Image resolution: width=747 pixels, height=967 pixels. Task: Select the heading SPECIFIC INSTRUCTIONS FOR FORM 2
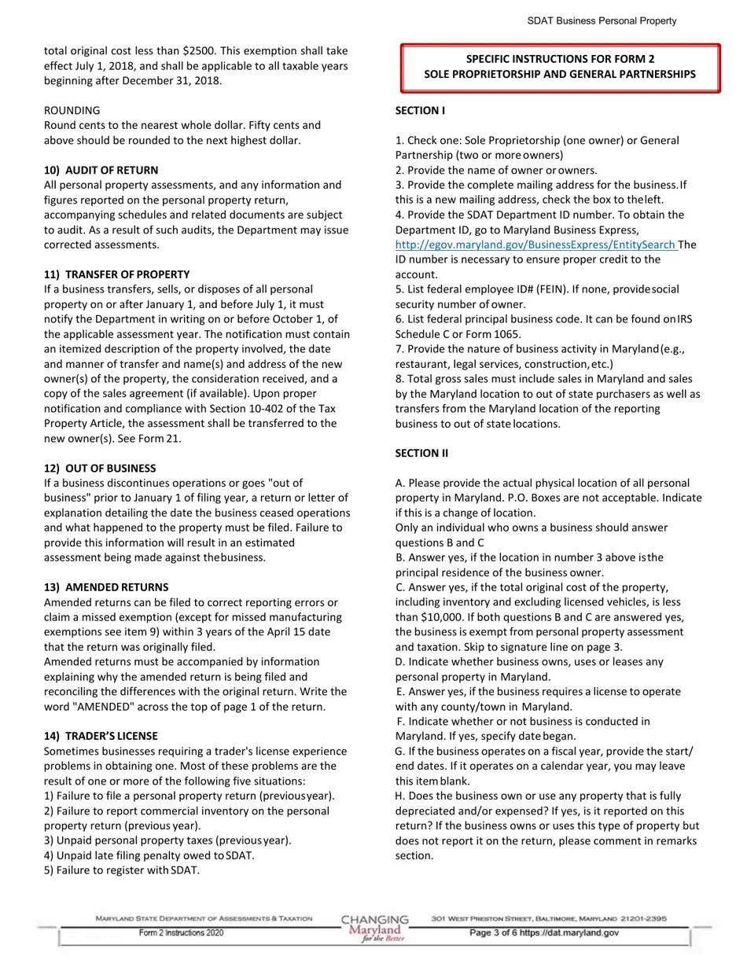pos(560,59)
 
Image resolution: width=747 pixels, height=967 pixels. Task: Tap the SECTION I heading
pos(420,111)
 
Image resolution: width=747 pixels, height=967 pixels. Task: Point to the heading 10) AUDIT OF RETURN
pos(101,171)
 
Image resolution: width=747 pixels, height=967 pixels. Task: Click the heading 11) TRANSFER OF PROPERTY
pos(116,274)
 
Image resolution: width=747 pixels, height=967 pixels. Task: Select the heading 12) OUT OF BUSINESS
pos(100,468)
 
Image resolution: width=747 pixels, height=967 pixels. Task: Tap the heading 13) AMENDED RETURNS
pos(105,587)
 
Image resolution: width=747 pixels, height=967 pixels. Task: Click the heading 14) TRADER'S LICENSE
pos(101,737)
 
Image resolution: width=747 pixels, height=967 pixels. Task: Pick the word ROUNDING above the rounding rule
pos(72,111)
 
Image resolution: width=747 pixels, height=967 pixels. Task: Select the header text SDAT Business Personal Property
pos(602,21)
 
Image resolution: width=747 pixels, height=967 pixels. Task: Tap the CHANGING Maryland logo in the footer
pos(375,928)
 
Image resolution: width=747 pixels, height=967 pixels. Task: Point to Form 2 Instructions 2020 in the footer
pos(181,933)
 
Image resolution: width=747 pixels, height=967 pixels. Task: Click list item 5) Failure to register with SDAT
pos(122,870)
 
